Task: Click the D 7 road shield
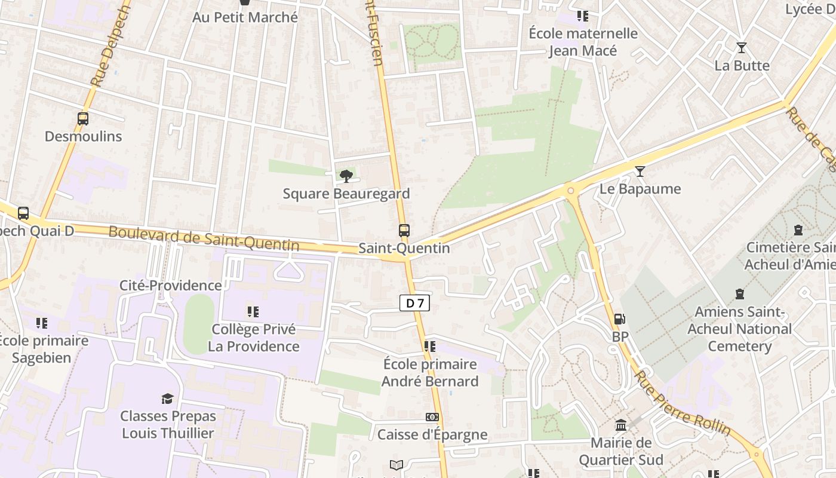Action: [x=414, y=303]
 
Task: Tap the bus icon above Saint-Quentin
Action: [x=404, y=230]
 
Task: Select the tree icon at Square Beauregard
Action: [x=346, y=176]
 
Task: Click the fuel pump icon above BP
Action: [x=620, y=320]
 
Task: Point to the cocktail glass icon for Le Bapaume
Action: [x=640, y=171]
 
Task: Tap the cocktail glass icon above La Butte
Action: [x=742, y=48]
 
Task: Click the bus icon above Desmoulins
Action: [x=83, y=119]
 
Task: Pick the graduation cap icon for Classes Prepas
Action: [x=168, y=399]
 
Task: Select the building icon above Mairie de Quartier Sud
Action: [x=621, y=425]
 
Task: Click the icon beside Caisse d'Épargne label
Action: [x=432, y=417]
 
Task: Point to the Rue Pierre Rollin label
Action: [x=682, y=403]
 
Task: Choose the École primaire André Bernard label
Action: [x=430, y=372]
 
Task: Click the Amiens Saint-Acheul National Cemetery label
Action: [x=739, y=329]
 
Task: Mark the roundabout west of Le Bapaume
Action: [x=570, y=191]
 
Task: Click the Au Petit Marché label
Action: [x=245, y=17]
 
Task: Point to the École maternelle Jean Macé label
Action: [x=583, y=42]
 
